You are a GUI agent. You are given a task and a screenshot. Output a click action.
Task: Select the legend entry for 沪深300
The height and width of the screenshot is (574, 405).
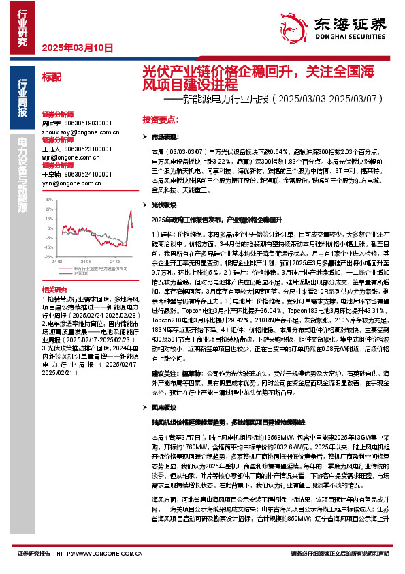click(80, 274)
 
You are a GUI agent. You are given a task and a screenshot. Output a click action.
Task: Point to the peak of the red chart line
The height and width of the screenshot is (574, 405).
click(130, 211)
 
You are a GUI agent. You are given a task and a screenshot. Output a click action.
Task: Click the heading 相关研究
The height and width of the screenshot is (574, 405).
click(52, 290)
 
